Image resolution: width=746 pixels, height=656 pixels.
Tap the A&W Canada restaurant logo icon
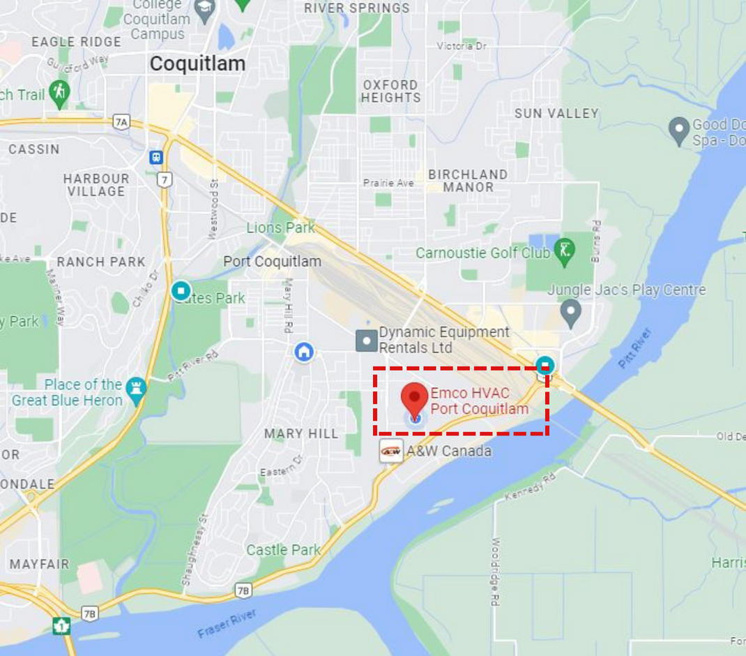click(391, 451)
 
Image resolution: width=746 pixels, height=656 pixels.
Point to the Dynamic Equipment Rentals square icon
click(367, 341)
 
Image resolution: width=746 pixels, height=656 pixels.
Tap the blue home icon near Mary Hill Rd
click(303, 351)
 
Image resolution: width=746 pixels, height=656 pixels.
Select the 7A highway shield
click(121, 122)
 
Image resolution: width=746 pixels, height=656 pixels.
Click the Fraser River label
click(227, 623)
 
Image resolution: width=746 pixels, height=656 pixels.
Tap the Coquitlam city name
click(197, 64)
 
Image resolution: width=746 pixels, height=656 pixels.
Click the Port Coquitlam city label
click(272, 262)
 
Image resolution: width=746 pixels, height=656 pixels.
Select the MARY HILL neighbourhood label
click(301, 434)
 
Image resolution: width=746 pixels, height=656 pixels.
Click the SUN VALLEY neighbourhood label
click(556, 113)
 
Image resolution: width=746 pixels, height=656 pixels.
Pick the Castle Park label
click(283, 550)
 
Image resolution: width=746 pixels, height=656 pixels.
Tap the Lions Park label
click(280, 228)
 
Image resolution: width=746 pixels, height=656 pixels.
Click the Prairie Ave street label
click(388, 183)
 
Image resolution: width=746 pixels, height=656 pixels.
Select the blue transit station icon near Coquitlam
click(156, 157)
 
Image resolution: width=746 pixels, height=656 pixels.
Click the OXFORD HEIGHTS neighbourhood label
click(390, 91)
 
